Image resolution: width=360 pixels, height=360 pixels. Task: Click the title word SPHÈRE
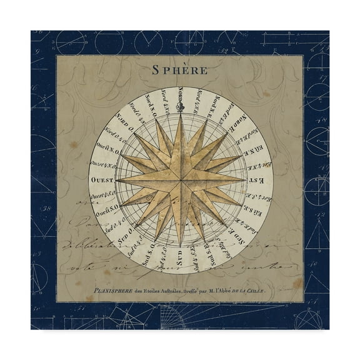point(179,70)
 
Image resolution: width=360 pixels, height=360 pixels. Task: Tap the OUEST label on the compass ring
point(104,177)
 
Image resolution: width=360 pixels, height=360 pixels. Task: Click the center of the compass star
point(180,179)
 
